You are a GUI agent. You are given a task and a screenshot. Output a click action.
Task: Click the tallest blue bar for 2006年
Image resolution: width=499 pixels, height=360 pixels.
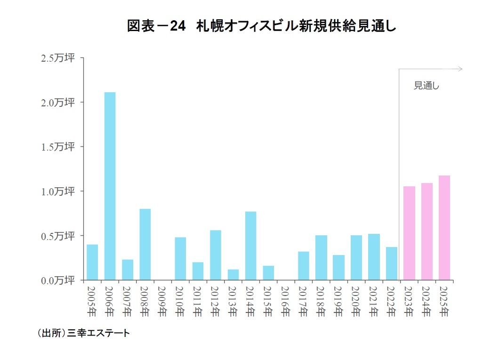[110, 186]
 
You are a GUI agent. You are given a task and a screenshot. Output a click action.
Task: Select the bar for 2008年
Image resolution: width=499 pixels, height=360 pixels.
[145, 244]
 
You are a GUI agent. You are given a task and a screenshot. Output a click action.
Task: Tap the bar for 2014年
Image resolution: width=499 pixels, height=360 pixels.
[250, 246]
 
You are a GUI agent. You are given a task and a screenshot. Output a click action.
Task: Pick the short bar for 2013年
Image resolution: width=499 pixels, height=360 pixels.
[233, 275]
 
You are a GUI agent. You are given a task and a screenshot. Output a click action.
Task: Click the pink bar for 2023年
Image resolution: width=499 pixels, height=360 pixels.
[409, 233]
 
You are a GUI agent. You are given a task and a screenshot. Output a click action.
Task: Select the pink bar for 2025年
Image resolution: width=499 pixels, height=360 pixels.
[444, 228]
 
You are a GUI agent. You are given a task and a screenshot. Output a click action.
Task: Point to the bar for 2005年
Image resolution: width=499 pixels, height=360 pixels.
[92, 262]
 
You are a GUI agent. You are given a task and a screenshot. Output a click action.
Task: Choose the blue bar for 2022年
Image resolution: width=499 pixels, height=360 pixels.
[391, 264]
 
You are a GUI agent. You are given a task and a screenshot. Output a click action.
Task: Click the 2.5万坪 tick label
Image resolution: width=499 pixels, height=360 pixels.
[58, 58]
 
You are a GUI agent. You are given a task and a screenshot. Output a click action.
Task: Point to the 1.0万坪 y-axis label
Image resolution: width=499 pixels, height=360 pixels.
[58, 191]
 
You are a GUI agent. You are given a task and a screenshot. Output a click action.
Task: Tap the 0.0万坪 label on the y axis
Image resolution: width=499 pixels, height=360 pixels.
[58, 280]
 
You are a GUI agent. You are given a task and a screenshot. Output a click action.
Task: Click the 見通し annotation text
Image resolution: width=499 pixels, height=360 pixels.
[427, 86]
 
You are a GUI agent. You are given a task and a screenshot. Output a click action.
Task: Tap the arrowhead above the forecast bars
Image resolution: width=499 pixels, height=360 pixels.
[460, 69]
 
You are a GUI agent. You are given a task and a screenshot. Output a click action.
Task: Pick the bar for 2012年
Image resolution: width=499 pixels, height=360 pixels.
[216, 255]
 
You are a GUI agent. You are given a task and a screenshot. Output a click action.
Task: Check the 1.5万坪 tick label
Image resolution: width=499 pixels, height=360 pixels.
[58, 147]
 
